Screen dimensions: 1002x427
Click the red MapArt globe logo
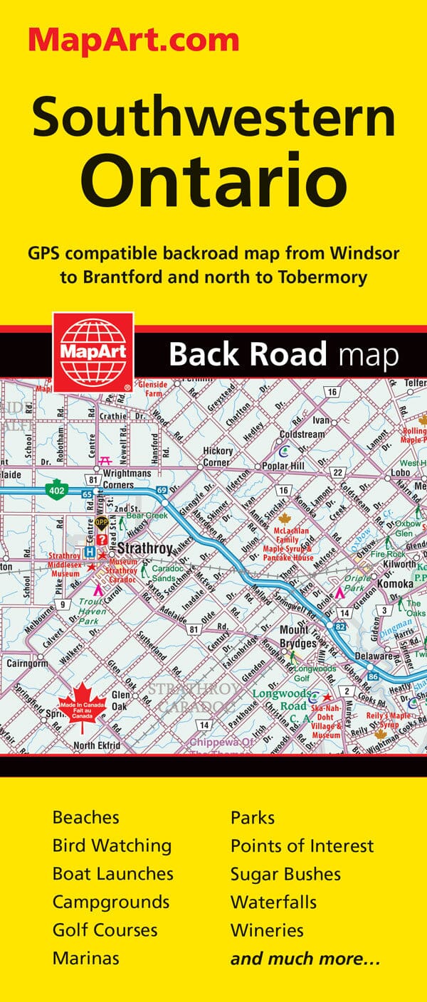pyautogui.click(x=90, y=351)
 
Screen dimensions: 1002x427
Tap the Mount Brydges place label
pyautogui.click(x=298, y=636)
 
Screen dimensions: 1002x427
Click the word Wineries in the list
pyautogui.click(x=267, y=929)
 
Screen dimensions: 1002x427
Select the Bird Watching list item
pyautogui.click(x=112, y=846)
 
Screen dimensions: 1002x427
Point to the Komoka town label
pyautogui.click(x=397, y=583)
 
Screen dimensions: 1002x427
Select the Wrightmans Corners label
pyautogui.click(x=128, y=479)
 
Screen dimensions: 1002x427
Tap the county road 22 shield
pyautogui.click(x=337, y=473)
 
